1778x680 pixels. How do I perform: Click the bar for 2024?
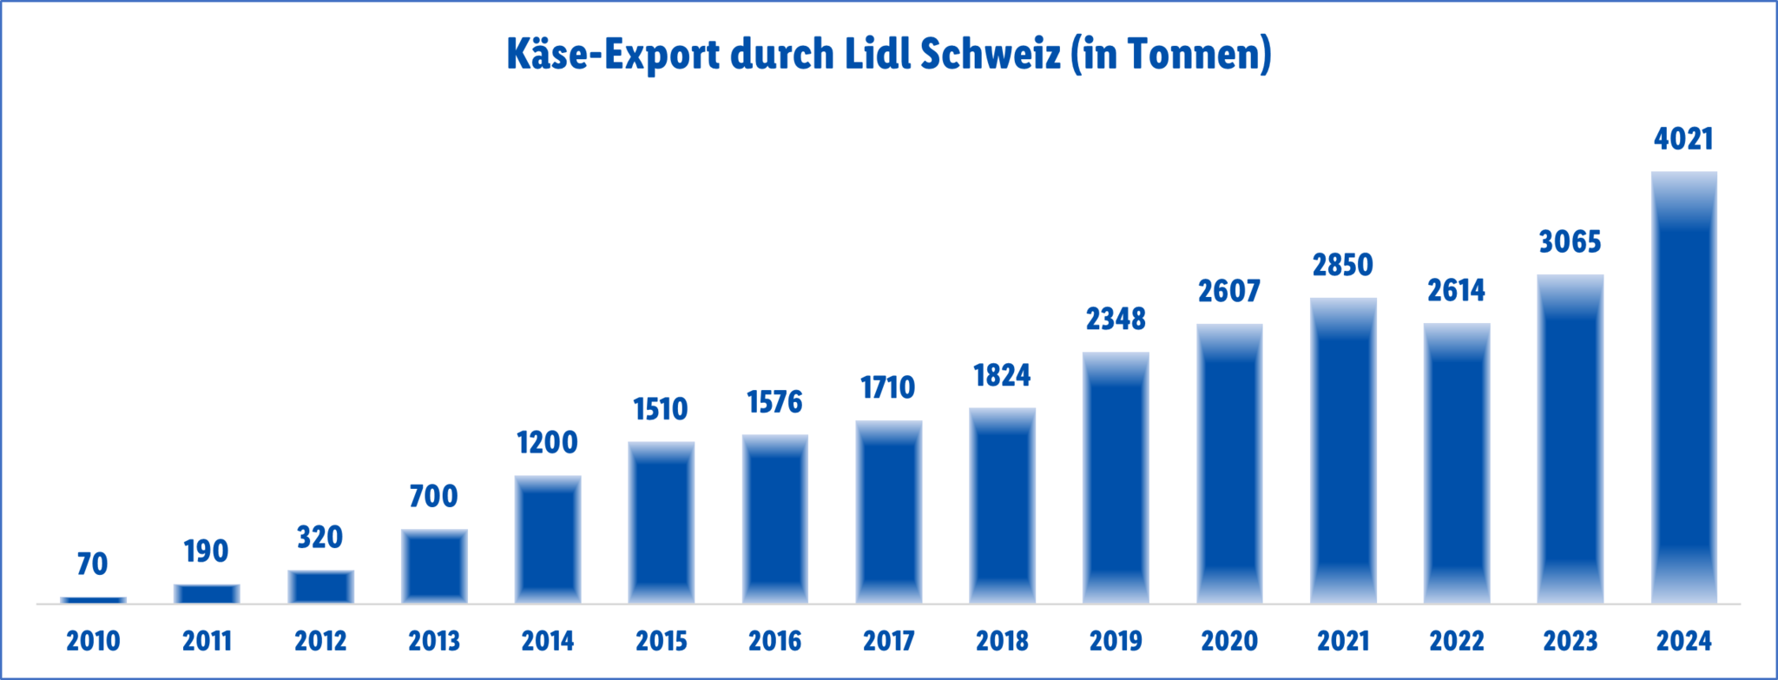(1683, 386)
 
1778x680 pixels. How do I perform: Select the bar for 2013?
(434, 566)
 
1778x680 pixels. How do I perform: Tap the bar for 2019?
(1116, 478)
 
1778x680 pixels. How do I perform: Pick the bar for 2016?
(775, 518)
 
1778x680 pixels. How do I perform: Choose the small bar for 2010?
(93, 600)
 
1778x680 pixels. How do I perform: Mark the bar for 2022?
(1457, 463)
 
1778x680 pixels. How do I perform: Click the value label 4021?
(1683, 139)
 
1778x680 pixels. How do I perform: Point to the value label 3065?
(1570, 241)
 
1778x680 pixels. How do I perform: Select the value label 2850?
(1342, 265)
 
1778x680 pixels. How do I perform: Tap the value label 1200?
(547, 443)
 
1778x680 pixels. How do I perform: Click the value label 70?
(93, 564)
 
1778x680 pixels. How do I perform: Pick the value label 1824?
(1002, 375)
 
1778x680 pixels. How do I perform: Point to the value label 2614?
(1456, 290)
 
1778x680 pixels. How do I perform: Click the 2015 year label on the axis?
(662, 641)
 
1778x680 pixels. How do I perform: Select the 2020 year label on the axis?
(1229, 641)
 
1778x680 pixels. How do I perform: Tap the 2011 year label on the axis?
(207, 641)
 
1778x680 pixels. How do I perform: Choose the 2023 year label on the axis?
(1570, 641)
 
